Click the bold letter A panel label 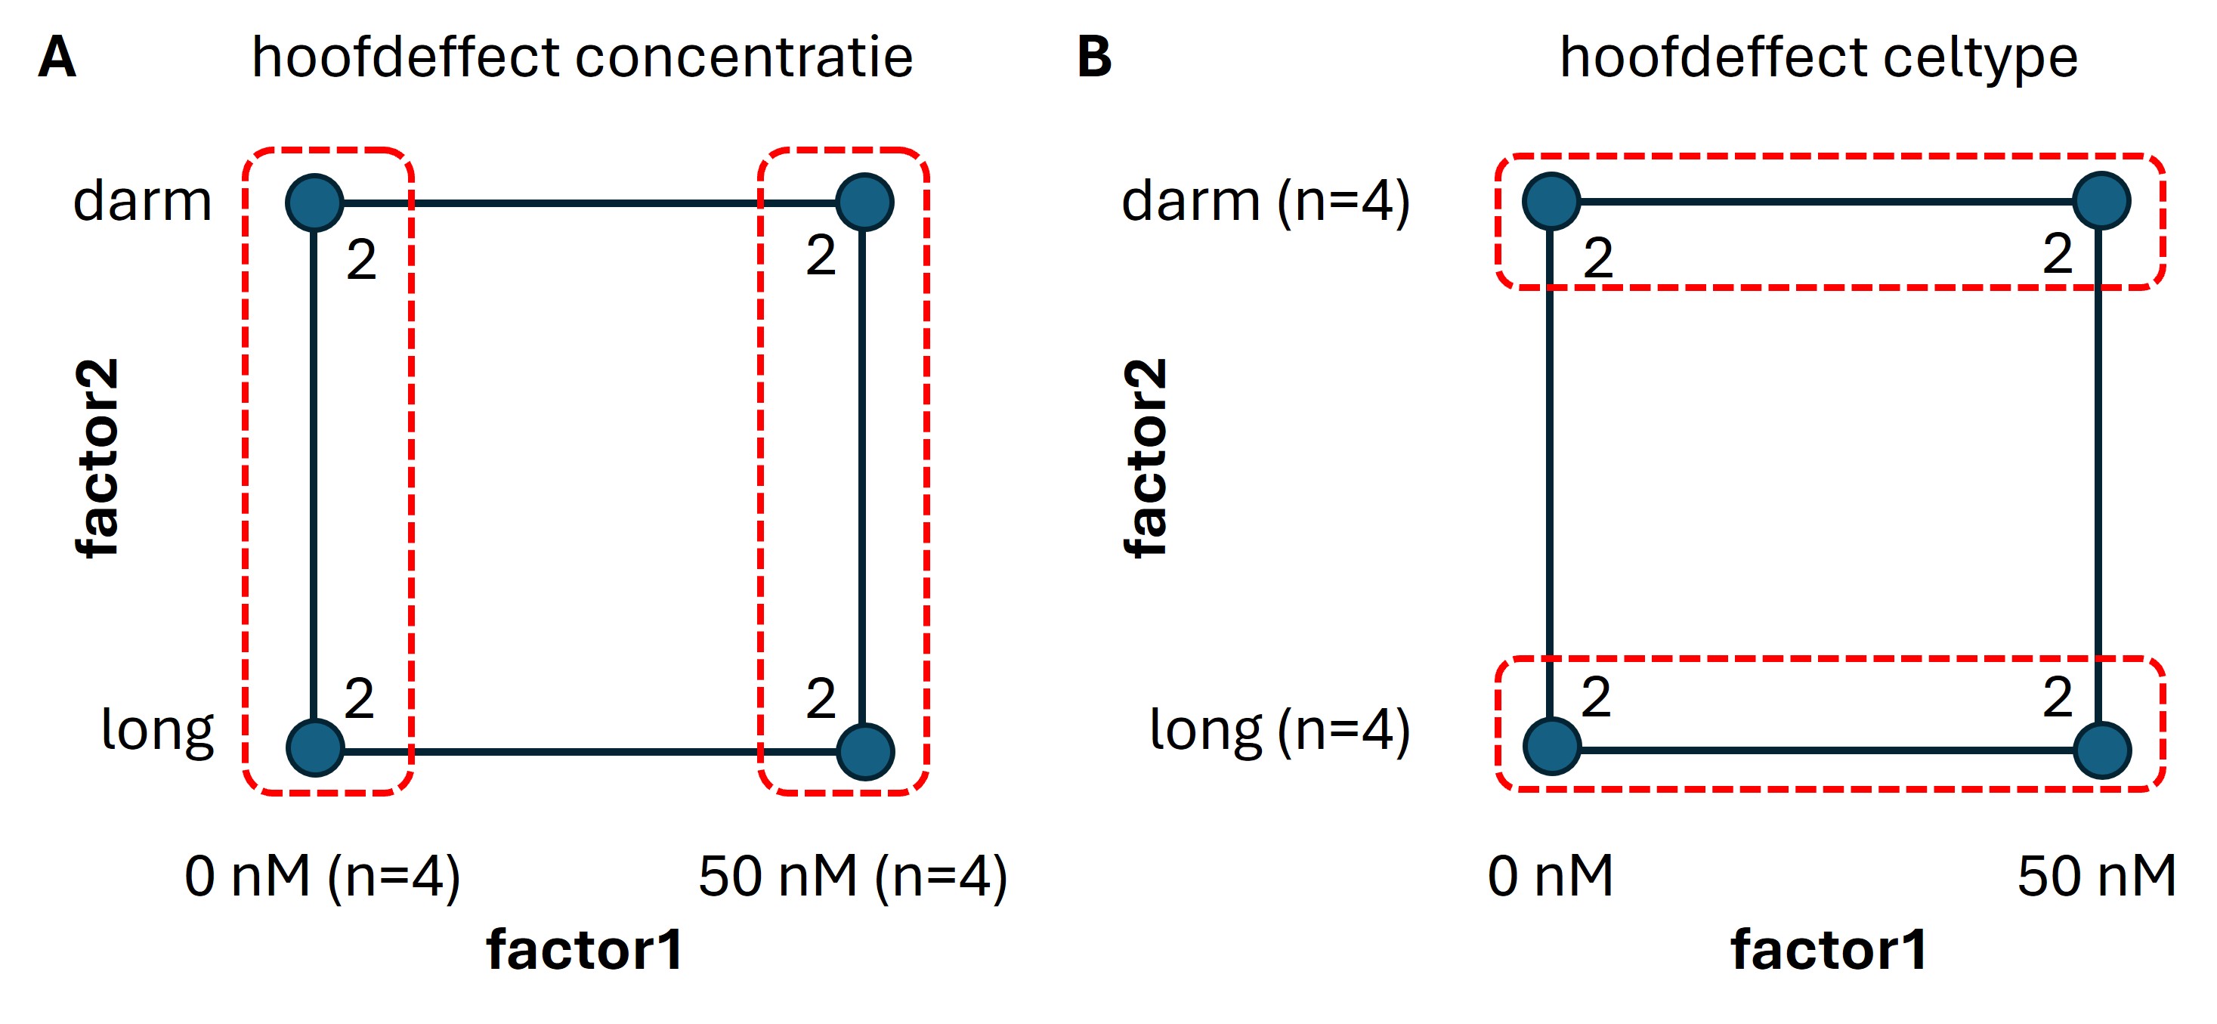pos(57,57)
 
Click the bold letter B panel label pos(1094,57)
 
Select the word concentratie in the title pos(744,57)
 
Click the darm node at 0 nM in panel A pos(315,203)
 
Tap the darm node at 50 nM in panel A pos(865,203)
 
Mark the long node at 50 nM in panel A pos(865,752)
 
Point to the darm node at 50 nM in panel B pos(2101,201)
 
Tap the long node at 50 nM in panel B pos(2101,750)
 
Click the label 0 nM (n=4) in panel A pos(323,877)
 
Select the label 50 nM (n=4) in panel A pos(852,877)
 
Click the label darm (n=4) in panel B pos(1265,203)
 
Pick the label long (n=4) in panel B pos(1280,731)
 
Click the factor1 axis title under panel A pos(586,950)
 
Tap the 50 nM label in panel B pos(2097,877)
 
